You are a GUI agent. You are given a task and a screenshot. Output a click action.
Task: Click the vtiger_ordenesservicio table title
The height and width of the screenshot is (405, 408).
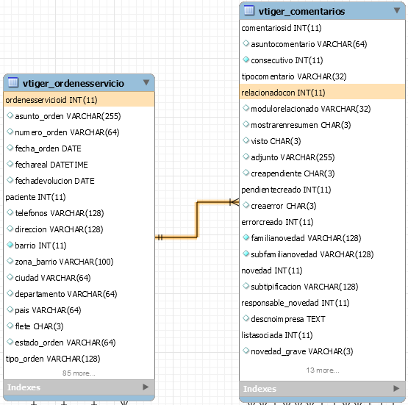[73, 83]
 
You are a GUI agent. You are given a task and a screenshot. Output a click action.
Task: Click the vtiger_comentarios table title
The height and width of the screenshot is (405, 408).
[301, 12]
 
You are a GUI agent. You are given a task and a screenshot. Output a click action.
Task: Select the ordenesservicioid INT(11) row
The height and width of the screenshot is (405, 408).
[79, 100]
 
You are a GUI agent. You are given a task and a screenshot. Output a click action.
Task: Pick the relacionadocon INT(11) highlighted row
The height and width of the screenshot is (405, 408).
[322, 93]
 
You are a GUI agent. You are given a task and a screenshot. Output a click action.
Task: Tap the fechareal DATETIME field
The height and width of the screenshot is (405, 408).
[51, 165]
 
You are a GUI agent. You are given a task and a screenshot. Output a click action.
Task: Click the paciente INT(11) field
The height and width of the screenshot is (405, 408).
[35, 197]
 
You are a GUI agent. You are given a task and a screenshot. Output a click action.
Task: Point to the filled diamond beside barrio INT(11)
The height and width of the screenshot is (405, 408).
[10, 245]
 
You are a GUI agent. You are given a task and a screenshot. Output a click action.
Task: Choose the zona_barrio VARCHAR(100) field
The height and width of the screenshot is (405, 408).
[64, 262]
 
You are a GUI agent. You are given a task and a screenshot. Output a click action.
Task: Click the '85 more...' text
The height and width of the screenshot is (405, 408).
[79, 373]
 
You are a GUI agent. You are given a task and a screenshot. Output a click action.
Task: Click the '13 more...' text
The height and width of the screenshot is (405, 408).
[323, 370]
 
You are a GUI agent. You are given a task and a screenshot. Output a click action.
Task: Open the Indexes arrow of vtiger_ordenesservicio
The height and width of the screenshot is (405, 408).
[146, 387]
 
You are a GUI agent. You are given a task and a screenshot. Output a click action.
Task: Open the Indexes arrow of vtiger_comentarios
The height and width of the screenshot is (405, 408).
[396, 388]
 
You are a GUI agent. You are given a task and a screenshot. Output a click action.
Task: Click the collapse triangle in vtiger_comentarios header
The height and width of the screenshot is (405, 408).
[397, 10]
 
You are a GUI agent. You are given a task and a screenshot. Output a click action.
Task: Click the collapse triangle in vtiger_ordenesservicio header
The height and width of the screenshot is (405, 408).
[146, 82]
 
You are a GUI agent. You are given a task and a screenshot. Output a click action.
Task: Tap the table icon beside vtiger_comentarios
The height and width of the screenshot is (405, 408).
[249, 10]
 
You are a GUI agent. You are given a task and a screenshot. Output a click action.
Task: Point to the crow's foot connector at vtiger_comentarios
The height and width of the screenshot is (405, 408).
[235, 202]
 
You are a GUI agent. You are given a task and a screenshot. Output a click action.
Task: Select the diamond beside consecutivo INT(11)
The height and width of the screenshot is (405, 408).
[246, 60]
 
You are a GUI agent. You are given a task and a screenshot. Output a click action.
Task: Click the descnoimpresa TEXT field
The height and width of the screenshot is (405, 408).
[288, 319]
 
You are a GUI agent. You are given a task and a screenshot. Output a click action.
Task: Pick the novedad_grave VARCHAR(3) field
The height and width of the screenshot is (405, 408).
[302, 351]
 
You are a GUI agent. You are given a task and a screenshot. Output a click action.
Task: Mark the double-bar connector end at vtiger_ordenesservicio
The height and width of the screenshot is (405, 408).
[160, 237]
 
